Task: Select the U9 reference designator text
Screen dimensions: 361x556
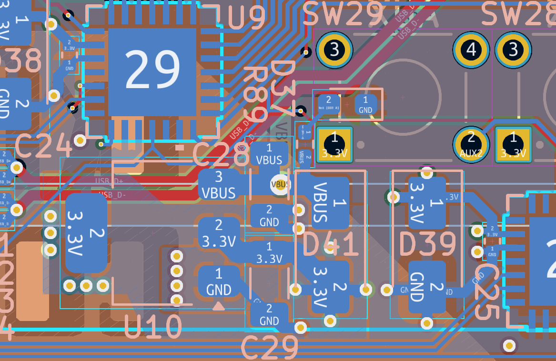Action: point(246,18)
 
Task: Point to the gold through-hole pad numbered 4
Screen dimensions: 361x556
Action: point(471,50)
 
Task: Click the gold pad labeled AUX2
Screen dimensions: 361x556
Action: point(471,144)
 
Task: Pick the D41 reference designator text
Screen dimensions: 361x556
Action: point(330,245)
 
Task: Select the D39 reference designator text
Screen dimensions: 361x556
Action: point(427,245)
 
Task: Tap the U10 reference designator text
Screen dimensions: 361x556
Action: point(153,328)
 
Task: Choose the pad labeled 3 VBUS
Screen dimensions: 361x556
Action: point(219,184)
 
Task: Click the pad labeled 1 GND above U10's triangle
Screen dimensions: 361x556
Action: point(219,281)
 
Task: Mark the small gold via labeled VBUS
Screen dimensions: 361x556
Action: point(280,184)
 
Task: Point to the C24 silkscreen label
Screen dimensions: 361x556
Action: point(43,146)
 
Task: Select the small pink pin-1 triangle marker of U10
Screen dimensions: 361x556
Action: point(218,306)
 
